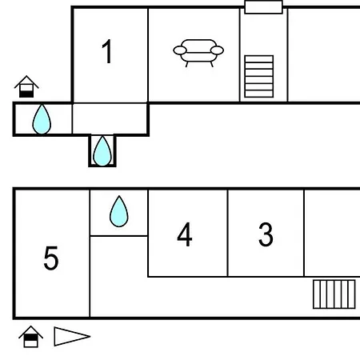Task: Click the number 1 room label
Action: coord(107,51)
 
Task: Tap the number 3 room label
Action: coord(266,234)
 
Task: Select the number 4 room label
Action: coord(185,234)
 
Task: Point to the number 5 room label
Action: coord(51,258)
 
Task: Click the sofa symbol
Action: coord(198,53)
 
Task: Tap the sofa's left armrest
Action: coord(180,50)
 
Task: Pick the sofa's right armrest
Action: coord(217,50)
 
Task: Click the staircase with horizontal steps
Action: coord(259,76)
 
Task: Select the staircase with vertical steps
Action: coord(334,294)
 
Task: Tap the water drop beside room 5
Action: coord(119,212)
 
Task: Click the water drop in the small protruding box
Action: coord(102,151)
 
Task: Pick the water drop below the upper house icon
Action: coord(42,119)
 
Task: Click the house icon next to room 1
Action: coord(26,86)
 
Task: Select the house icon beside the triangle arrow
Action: coord(30,337)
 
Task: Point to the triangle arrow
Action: coord(72,336)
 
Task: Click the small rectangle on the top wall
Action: coord(263,7)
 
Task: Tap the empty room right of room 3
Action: coord(332,234)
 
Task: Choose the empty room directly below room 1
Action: coord(110,118)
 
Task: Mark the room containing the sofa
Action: coord(194,54)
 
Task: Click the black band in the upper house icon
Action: coord(26,94)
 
